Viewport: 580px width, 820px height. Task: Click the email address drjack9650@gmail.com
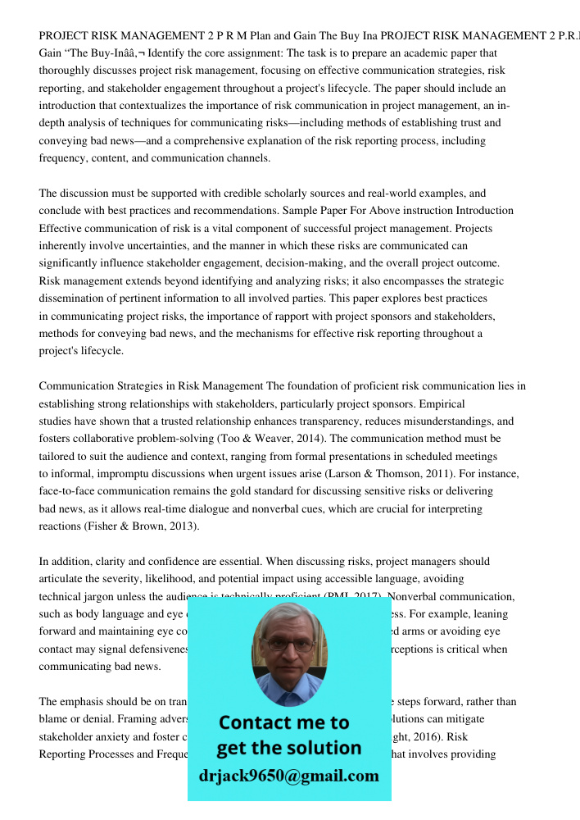(x=289, y=776)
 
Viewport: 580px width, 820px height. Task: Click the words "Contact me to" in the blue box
(x=284, y=722)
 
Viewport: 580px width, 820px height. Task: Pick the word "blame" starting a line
(x=53, y=718)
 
